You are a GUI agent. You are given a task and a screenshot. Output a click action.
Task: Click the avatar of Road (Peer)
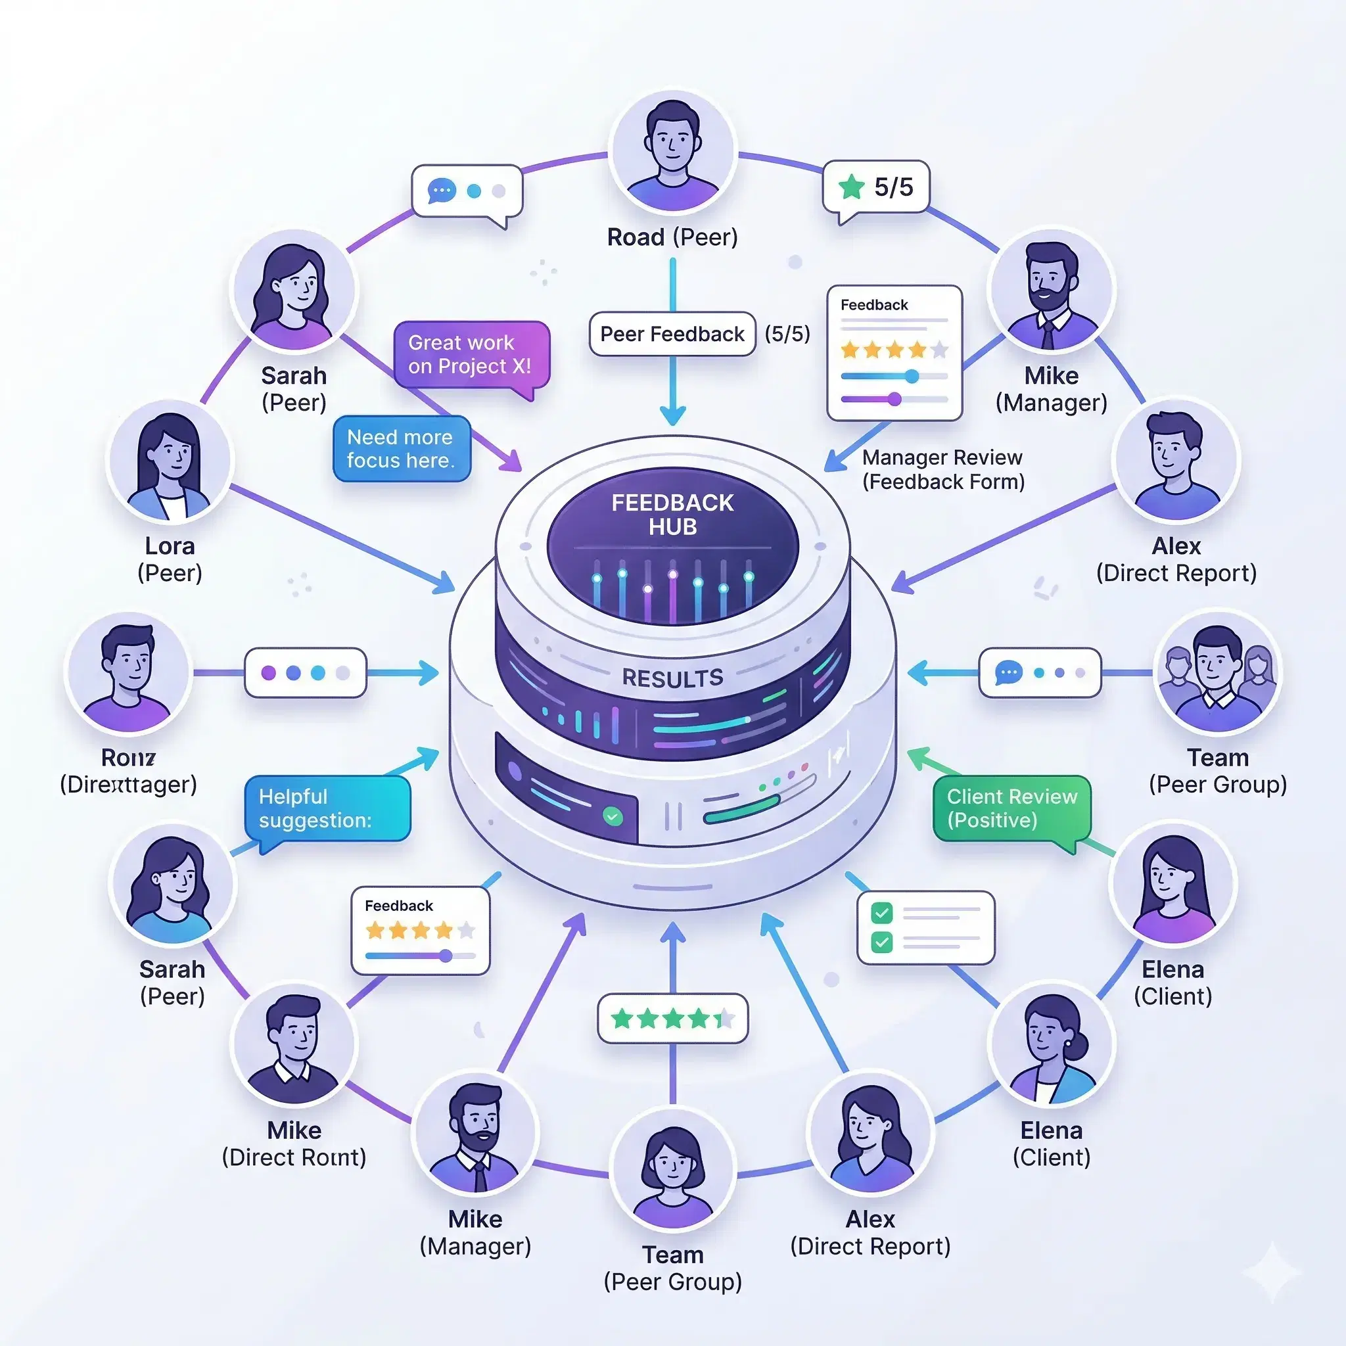click(672, 151)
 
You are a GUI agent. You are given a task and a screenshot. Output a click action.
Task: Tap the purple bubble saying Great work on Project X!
click(471, 354)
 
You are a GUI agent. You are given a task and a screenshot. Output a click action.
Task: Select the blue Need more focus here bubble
click(402, 449)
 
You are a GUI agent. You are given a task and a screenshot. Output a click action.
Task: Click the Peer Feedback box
click(672, 335)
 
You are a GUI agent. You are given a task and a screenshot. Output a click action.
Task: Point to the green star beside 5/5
click(851, 187)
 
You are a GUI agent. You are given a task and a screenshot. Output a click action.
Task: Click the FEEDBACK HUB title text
click(672, 514)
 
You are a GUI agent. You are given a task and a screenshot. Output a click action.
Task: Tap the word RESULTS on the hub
click(672, 678)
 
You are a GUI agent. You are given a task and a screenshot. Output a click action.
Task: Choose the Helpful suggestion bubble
click(327, 808)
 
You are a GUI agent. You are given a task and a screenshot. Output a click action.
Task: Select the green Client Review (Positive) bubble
click(1011, 808)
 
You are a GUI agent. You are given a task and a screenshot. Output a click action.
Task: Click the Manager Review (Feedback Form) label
click(942, 469)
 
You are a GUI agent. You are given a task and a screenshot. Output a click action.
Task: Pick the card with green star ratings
click(672, 1019)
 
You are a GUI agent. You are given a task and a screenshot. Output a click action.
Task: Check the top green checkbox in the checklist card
click(882, 912)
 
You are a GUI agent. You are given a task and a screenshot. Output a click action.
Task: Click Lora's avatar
click(170, 461)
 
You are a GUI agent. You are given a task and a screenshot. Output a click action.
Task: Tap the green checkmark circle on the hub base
click(613, 816)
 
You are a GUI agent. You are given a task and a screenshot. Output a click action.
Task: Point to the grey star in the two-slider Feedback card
click(940, 349)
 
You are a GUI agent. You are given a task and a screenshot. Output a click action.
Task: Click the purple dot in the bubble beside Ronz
click(268, 673)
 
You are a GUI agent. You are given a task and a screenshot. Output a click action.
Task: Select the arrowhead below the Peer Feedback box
click(672, 415)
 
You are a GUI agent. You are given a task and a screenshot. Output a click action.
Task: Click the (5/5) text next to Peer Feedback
click(787, 335)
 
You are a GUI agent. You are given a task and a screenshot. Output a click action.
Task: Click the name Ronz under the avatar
click(128, 757)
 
